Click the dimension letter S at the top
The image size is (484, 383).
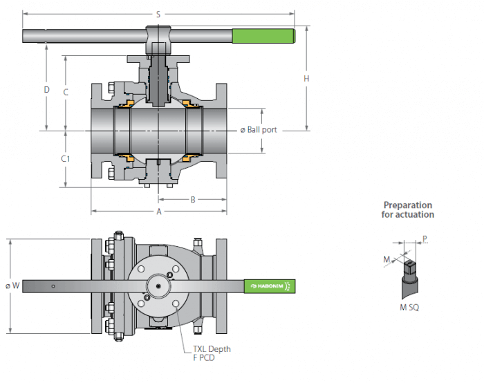[158, 15]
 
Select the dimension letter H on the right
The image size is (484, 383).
[306, 79]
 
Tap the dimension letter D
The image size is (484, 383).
[46, 89]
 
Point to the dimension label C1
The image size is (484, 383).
[66, 158]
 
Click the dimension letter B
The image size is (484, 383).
[193, 200]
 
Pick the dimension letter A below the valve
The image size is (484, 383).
[159, 212]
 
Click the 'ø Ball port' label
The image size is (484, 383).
[259, 130]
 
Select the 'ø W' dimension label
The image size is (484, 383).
[12, 286]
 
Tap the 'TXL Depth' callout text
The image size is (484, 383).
[212, 349]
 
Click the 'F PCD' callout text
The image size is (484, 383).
[204, 358]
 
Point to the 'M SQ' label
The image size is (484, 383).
[409, 308]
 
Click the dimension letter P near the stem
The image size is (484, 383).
[425, 239]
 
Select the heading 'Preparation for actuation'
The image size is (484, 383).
[408, 210]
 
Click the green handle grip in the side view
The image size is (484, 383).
[263, 36]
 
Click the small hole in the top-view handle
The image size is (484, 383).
[53, 286]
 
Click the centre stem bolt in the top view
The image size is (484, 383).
[158, 286]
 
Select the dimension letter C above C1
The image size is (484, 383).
[66, 92]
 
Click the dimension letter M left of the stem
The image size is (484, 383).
[387, 259]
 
